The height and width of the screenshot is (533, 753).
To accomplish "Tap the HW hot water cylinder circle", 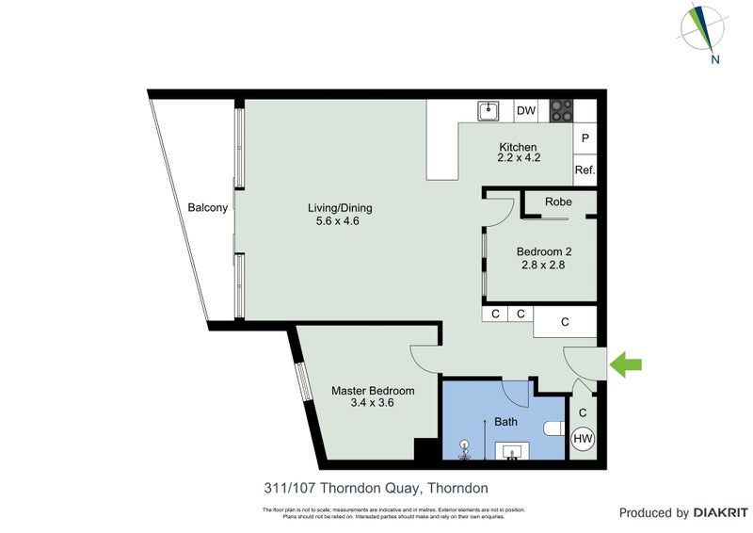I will [583, 438].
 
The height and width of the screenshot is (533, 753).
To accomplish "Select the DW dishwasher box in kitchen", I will [526, 111].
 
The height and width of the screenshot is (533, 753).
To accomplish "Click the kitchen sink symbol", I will [489, 111].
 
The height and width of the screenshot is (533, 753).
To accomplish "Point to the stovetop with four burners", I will [562, 111].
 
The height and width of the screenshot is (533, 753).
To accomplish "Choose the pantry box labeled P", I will [585, 137].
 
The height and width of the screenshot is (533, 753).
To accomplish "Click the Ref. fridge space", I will [585, 170].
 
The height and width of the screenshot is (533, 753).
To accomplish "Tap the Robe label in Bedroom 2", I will [559, 202].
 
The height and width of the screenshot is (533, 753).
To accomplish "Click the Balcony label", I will [208, 208].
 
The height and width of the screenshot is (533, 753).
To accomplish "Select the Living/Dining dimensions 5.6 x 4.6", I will [333, 222].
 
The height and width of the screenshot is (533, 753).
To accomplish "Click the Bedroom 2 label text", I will [544, 251].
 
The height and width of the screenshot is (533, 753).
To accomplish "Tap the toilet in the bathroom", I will [553, 428].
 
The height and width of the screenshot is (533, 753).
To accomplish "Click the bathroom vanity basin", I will [513, 451].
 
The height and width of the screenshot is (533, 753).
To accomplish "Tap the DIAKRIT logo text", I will [720, 513].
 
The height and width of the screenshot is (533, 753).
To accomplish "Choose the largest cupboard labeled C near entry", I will [565, 322].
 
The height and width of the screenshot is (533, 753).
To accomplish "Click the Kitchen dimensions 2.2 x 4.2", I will [519, 158].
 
